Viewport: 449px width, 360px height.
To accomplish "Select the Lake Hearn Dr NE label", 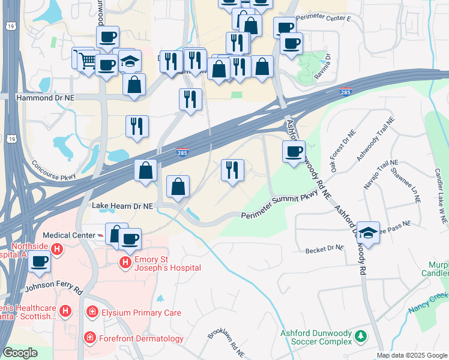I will (123, 205).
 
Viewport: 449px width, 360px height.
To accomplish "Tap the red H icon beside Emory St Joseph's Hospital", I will (125, 263).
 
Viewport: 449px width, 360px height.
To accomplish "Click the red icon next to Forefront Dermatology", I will (90, 338).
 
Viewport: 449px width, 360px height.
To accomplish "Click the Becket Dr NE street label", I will (324, 248).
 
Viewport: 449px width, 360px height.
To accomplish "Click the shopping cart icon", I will (86, 59).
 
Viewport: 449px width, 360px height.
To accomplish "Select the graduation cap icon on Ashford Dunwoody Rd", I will (369, 233).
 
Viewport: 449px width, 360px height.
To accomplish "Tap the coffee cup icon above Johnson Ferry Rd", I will (40, 262).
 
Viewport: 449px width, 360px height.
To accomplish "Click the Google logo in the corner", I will (20, 353).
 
